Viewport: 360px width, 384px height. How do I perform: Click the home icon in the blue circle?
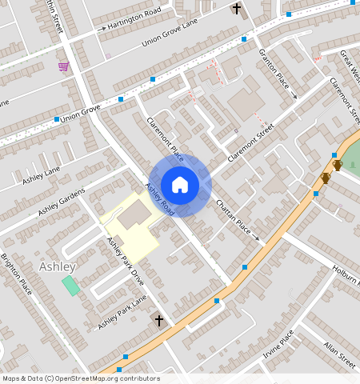[x=180, y=185]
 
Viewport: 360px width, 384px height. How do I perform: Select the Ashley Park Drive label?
[x=125, y=262]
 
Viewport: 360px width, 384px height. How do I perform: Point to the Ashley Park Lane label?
[x=122, y=313]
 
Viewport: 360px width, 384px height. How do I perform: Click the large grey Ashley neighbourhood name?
[x=58, y=266]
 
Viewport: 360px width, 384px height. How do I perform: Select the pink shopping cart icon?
[x=63, y=66]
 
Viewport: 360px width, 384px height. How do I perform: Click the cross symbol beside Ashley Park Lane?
[x=158, y=321]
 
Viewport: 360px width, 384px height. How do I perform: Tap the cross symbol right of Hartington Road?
[x=236, y=9]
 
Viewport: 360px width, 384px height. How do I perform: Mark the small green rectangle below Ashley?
[x=71, y=286]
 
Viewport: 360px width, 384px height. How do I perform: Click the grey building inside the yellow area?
[x=135, y=214]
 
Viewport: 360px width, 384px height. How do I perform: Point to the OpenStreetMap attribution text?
[x=81, y=378]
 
